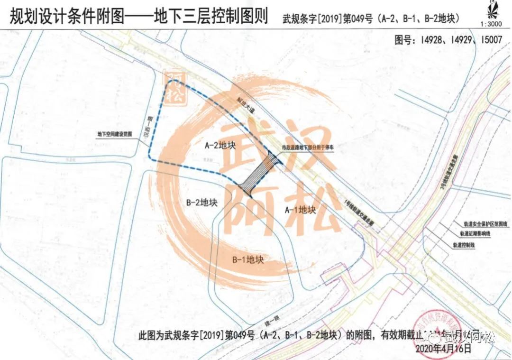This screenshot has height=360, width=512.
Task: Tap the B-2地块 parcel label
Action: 201,203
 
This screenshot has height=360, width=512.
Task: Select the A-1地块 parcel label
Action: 300,209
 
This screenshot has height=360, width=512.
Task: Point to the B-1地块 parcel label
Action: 247,259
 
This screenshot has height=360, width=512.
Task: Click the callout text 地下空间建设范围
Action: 114,134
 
